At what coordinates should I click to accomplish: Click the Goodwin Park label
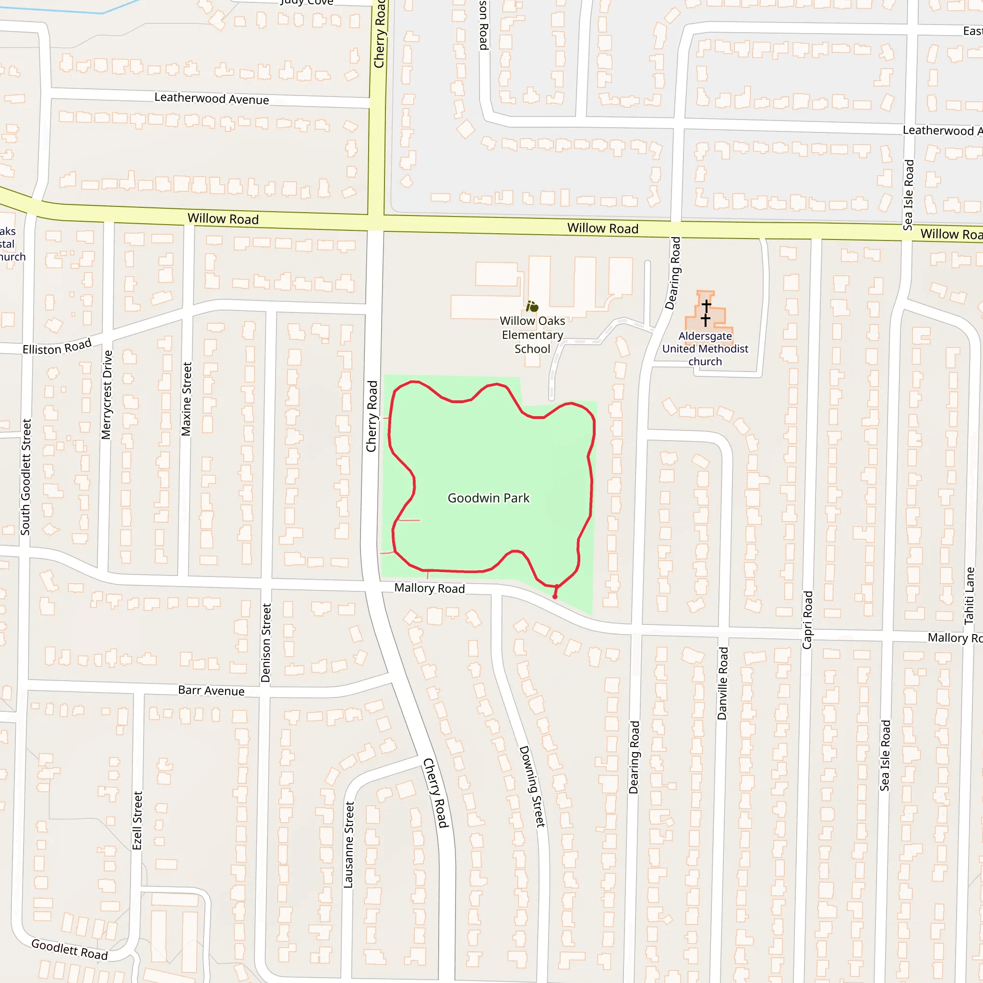(489, 498)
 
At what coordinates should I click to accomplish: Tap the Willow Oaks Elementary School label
(532, 335)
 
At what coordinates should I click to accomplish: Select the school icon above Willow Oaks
(532, 306)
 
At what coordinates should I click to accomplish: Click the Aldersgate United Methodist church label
(705, 348)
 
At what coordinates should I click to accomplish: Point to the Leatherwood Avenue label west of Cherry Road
(212, 98)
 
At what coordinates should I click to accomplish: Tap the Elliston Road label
(57, 347)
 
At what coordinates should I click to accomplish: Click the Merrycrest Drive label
(107, 395)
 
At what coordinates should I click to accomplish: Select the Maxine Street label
(187, 399)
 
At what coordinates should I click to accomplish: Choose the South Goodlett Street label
(26, 477)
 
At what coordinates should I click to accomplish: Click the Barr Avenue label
(211, 690)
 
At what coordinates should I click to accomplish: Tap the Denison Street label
(265, 643)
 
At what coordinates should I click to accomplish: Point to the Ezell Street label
(137, 820)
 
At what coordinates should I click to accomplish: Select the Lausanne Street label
(348, 845)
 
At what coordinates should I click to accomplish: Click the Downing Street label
(532, 786)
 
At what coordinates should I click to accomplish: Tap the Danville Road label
(722, 683)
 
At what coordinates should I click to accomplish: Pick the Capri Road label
(807, 620)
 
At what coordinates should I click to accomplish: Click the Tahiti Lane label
(970, 596)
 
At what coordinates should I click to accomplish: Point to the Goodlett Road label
(70, 949)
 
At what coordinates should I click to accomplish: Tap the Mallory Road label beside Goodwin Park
(430, 588)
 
